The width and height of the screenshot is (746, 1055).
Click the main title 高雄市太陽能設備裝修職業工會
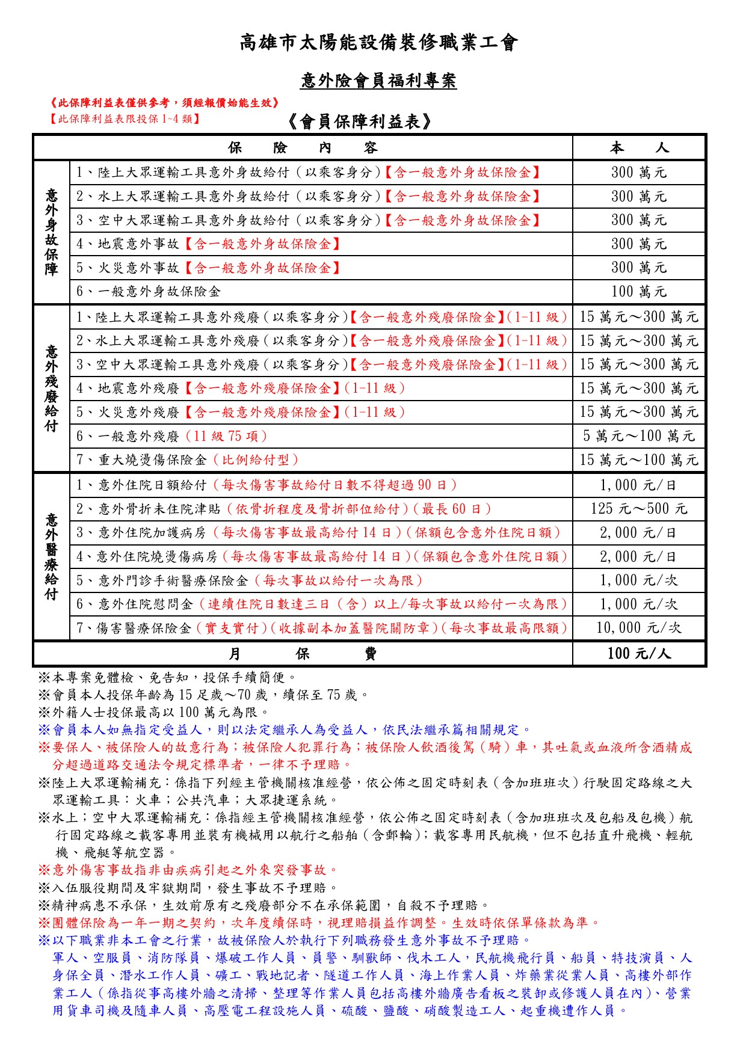click(x=378, y=43)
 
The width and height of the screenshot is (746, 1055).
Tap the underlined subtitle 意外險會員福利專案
click(x=378, y=81)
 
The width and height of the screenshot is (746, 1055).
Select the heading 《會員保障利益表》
click(x=360, y=122)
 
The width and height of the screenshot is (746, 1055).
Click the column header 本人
click(x=638, y=148)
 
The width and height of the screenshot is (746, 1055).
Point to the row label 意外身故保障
click(x=52, y=232)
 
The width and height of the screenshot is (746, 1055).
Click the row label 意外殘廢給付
click(x=52, y=388)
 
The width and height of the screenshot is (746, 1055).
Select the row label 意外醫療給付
click(x=52, y=556)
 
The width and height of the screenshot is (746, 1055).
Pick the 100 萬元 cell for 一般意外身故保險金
click(x=638, y=292)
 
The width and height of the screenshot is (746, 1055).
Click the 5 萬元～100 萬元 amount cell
click(x=638, y=436)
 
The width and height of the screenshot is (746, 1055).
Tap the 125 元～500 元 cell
click(x=638, y=509)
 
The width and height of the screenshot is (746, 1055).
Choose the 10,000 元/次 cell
click(x=638, y=628)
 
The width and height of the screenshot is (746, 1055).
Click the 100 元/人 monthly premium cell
click(x=638, y=654)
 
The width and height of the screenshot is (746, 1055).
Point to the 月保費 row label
click(x=303, y=654)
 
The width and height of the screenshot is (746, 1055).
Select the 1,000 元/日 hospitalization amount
click(x=638, y=485)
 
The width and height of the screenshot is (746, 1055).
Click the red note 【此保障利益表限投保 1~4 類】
click(x=125, y=118)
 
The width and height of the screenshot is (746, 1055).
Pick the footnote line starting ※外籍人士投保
click(x=154, y=713)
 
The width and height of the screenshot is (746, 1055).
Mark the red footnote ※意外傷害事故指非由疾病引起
click(x=188, y=870)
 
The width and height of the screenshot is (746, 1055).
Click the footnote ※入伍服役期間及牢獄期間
click(x=188, y=888)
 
